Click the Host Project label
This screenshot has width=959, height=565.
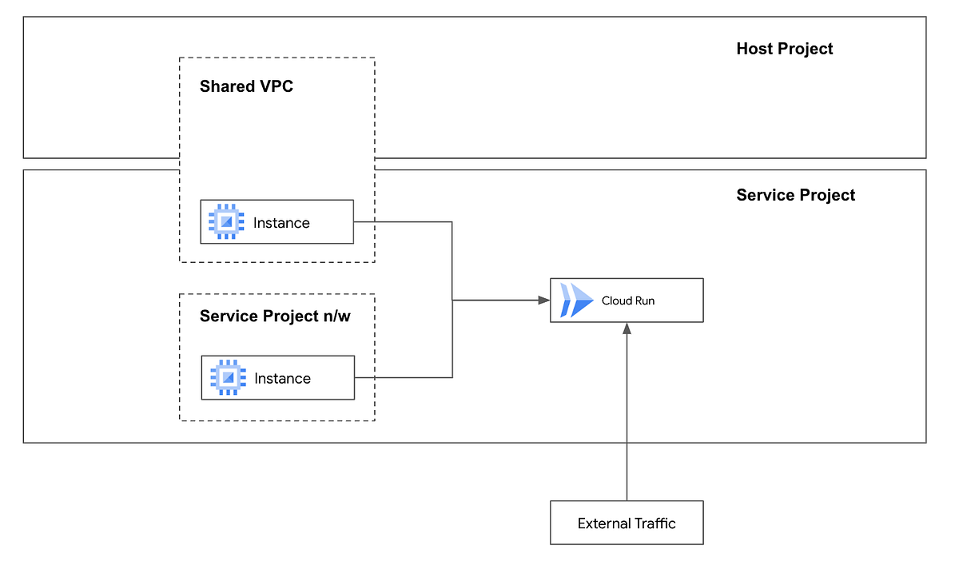point(784,49)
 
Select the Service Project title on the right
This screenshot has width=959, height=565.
point(795,195)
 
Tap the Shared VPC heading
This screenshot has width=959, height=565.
point(246,86)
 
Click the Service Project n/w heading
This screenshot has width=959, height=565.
point(275,316)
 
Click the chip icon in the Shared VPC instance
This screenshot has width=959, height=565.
point(226,222)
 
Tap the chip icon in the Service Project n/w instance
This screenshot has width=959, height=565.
point(228,378)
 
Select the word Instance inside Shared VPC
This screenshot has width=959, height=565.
point(281,223)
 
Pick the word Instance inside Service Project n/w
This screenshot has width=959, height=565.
point(282,379)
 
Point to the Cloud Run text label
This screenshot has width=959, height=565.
point(628,301)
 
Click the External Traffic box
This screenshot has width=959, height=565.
point(627,523)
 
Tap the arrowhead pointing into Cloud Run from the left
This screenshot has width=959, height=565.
point(543,300)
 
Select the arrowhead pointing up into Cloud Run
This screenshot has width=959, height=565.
point(627,328)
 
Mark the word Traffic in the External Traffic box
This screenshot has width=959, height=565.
point(651,523)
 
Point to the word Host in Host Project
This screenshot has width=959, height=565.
point(755,49)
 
